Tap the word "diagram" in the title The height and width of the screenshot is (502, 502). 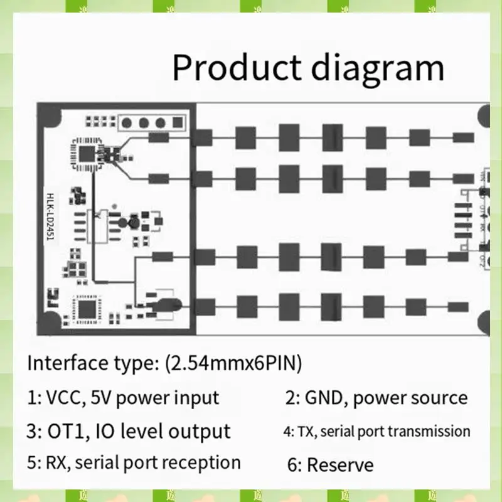[377, 68]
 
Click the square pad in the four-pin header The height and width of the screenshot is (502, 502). [129, 123]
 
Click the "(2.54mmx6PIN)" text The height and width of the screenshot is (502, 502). [232, 363]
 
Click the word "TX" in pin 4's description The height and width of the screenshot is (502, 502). [304, 432]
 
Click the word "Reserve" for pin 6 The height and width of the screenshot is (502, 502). [340, 465]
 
